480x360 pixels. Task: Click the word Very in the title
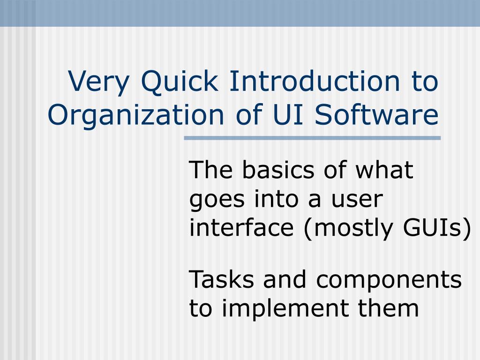(x=98, y=82)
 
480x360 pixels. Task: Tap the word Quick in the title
(x=180, y=81)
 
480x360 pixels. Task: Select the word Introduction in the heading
(x=315, y=81)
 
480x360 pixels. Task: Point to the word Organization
(x=136, y=115)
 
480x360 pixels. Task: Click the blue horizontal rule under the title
(x=312, y=138)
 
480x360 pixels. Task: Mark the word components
(x=389, y=281)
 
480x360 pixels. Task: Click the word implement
(x=285, y=308)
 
